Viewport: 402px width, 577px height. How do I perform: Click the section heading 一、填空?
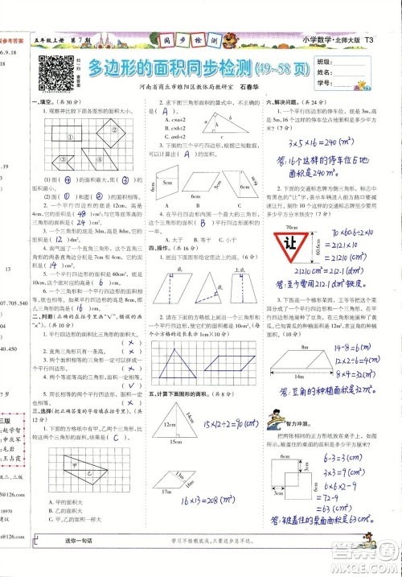(x=38, y=102)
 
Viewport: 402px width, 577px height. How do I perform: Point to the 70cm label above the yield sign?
(x=288, y=228)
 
